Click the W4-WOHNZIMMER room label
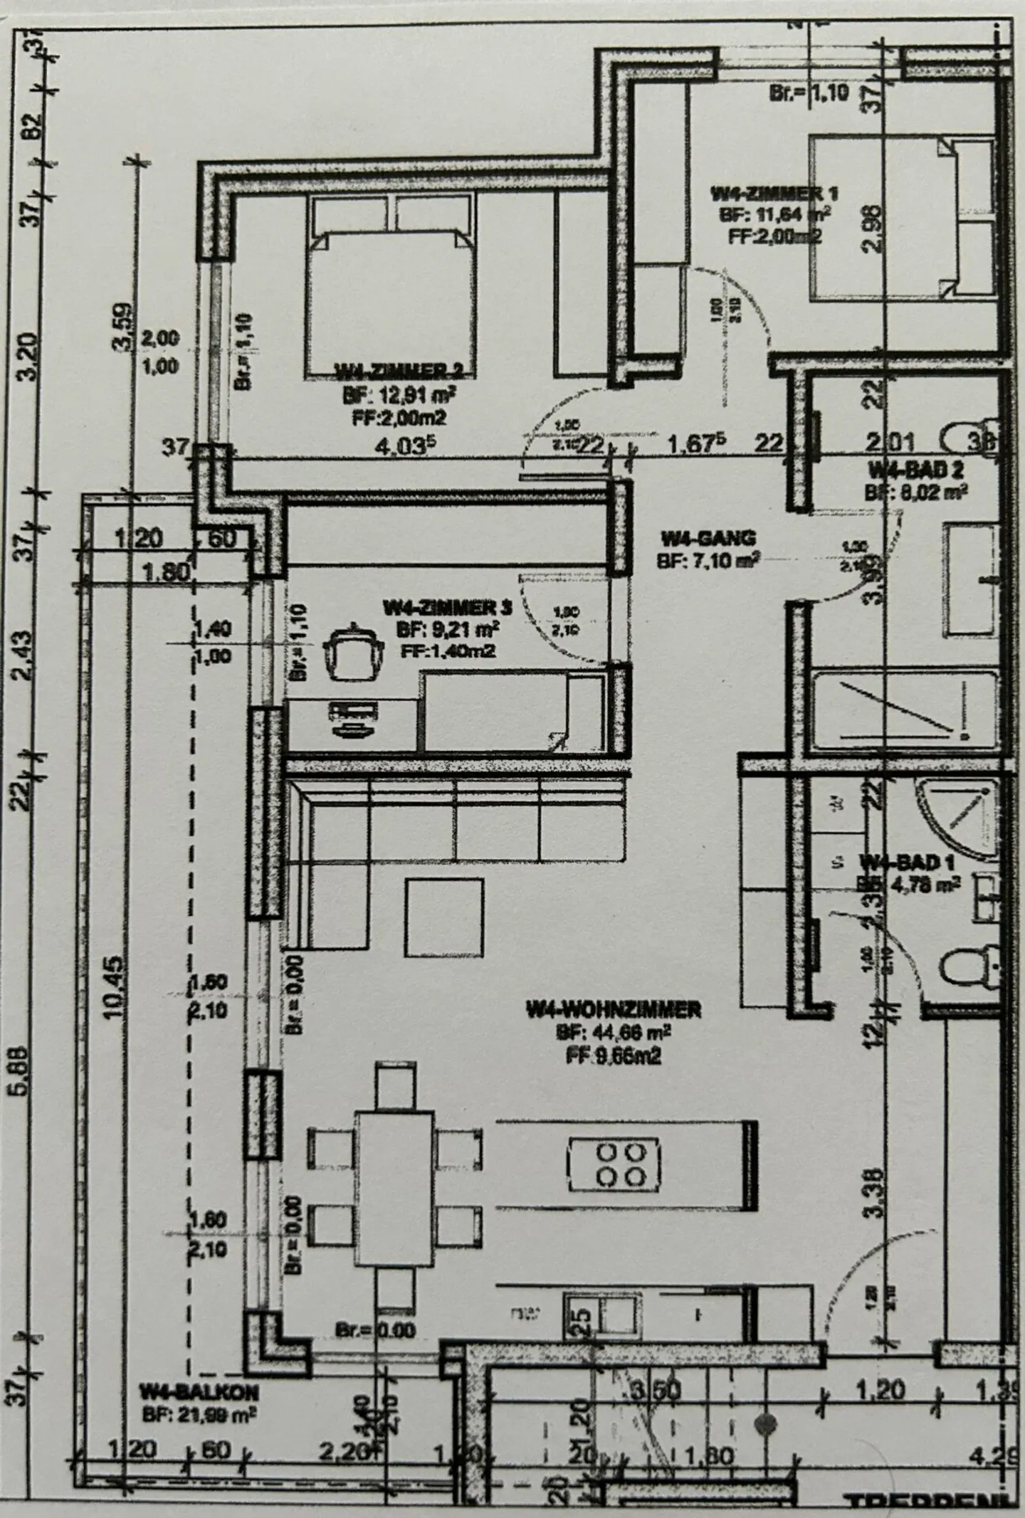point(614,1008)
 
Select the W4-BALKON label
point(199,1391)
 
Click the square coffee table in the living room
point(445,917)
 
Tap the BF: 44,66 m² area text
point(614,1032)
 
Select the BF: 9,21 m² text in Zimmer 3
point(447,628)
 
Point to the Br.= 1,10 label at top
point(809,93)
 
